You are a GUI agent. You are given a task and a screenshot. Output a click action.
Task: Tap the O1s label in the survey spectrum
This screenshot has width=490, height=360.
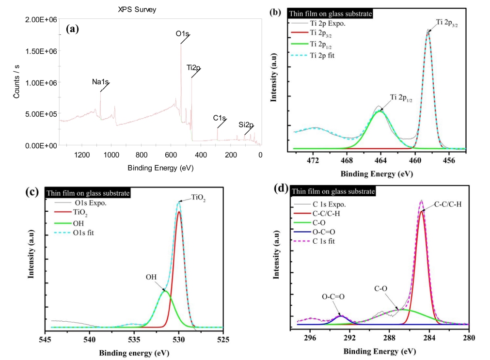coord(182,34)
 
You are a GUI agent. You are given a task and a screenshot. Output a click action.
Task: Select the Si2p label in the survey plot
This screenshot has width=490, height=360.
coord(247,125)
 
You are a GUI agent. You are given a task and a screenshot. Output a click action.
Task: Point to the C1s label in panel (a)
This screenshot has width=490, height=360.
coord(220,118)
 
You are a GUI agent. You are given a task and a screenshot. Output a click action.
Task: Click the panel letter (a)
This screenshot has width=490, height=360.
coord(72,29)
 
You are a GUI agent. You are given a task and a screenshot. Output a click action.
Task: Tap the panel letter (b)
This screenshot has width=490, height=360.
coord(275,13)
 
